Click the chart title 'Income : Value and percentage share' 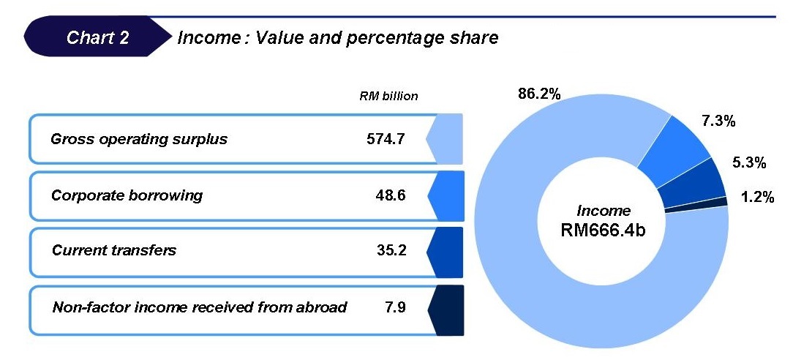point(337,37)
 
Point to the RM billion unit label point(388,96)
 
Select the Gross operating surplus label point(139,139)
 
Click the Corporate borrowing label point(127,196)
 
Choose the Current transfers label point(114,250)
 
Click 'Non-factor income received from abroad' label point(199,307)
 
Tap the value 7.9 point(394,307)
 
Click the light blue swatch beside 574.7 point(447,139)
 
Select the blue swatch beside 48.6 point(447,196)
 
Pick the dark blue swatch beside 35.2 point(447,250)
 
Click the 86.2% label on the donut point(538,94)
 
